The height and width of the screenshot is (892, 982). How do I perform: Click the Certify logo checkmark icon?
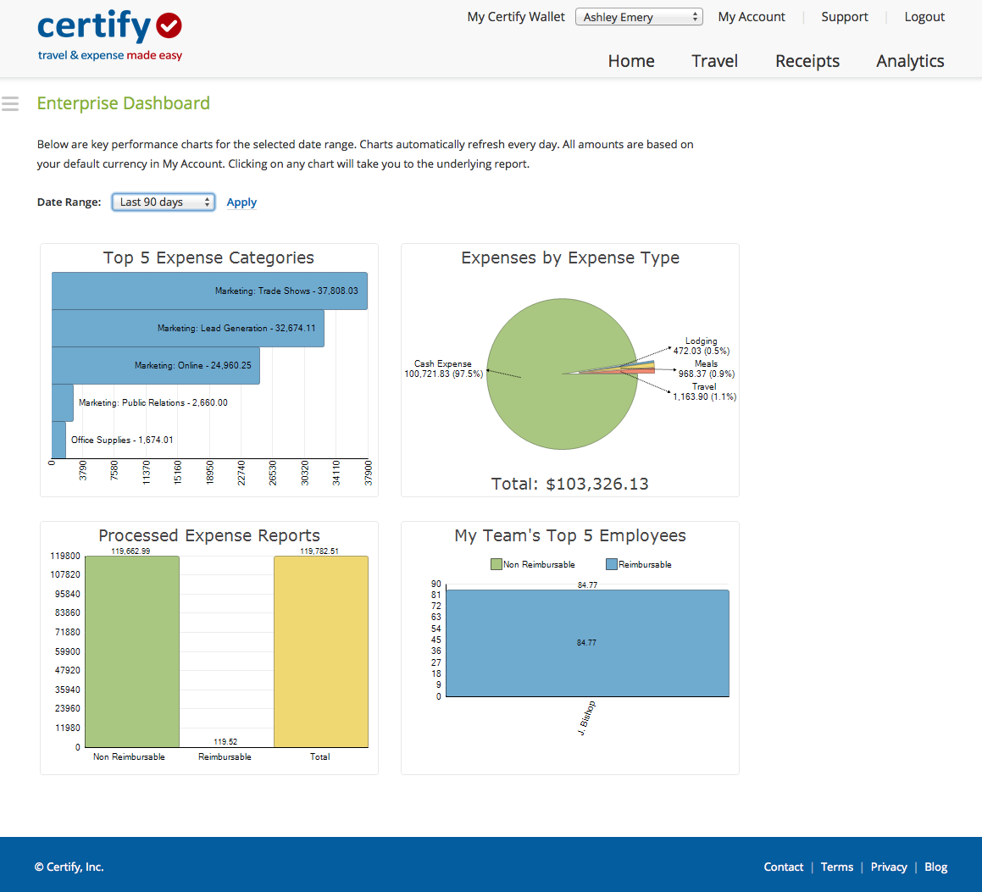click(x=169, y=25)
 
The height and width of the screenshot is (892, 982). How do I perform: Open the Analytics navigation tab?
click(x=910, y=61)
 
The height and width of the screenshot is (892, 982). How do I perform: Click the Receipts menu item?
click(x=807, y=61)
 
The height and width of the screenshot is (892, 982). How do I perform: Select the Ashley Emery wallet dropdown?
click(x=639, y=17)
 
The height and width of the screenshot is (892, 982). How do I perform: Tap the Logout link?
click(x=924, y=17)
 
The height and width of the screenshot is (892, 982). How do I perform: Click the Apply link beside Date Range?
click(x=241, y=202)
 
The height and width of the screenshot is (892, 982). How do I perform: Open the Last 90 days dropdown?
click(x=164, y=202)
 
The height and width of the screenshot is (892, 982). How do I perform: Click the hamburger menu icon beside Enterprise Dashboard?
click(x=10, y=103)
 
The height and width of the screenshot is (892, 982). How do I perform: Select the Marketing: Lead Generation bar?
click(x=187, y=328)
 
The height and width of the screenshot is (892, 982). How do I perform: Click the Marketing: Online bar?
click(x=155, y=365)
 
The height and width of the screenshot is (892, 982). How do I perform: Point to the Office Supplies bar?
click(x=58, y=440)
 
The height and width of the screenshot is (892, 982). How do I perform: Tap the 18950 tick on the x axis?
click(x=211, y=471)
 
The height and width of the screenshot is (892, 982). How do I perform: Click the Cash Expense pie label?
click(x=443, y=368)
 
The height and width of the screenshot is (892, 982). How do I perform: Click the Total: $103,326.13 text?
click(x=569, y=484)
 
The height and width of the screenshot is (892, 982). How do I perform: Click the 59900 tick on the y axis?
click(x=67, y=651)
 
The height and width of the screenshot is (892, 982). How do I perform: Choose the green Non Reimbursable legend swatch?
click(x=497, y=564)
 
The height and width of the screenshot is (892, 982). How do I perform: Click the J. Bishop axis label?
click(x=586, y=717)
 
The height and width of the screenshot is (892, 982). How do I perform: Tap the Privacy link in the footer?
click(x=889, y=867)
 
